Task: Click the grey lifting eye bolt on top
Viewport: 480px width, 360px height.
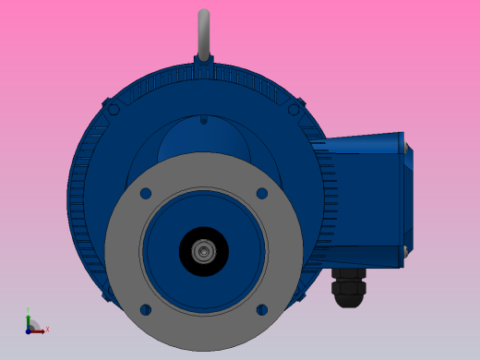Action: (x=204, y=32)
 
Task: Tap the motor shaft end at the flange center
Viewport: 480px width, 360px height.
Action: (x=204, y=251)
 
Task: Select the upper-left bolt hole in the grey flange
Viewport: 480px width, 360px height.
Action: (x=146, y=194)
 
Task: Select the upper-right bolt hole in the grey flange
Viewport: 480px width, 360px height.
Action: (x=262, y=194)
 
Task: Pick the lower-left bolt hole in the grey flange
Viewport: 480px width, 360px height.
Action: (x=146, y=309)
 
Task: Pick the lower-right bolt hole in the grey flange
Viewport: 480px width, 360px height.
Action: (x=262, y=309)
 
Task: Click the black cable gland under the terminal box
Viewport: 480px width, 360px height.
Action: (x=349, y=288)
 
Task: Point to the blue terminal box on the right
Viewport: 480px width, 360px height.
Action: (x=365, y=201)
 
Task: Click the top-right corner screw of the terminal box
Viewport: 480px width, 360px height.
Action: (x=404, y=147)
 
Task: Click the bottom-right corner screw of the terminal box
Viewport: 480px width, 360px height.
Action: (x=404, y=250)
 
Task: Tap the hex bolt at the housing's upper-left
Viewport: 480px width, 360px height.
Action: (x=114, y=109)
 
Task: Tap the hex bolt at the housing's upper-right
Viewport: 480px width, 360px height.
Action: (x=294, y=109)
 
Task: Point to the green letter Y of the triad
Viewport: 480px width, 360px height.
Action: (x=28, y=311)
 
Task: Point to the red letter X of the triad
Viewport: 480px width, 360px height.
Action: (x=47, y=329)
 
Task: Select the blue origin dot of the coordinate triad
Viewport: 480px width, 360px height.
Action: (x=29, y=330)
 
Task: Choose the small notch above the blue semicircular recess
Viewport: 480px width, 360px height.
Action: (x=204, y=119)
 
